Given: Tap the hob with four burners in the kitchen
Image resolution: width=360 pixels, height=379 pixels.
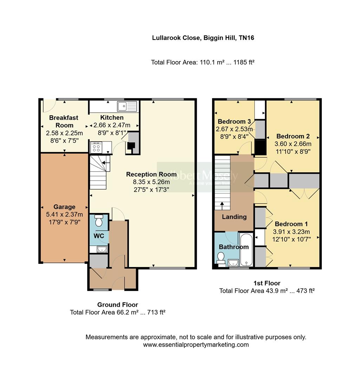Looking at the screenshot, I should (x=96, y=147).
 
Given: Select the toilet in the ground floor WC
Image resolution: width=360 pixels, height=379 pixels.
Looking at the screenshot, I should (x=99, y=221).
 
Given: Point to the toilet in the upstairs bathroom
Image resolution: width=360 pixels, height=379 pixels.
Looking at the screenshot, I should (x=221, y=259).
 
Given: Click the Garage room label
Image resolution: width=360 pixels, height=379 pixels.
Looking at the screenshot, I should (x=64, y=207).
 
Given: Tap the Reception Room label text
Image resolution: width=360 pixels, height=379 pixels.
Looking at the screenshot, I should (x=151, y=174).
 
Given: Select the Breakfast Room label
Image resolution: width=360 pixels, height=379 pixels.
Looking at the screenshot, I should (x=64, y=121).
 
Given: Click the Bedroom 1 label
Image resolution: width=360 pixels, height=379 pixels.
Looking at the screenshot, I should (x=289, y=224).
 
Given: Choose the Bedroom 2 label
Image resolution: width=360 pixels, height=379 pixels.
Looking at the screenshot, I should (x=293, y=136).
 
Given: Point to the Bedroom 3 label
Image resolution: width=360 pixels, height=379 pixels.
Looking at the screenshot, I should (x=234, y=121).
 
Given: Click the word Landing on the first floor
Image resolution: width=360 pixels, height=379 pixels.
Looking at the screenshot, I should (x=234, y=217).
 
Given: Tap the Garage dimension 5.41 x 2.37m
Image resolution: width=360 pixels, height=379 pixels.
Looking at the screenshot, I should (x=64, y=214).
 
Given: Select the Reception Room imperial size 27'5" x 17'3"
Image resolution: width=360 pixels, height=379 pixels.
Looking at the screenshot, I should (x=151, y=189).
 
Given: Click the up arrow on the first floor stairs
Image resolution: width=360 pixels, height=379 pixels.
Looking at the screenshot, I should (x=222, y=205).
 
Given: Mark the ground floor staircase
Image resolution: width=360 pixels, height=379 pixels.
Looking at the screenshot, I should (x=98, y=172).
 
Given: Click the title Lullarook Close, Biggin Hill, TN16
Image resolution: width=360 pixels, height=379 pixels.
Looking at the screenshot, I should (x=203, y=38).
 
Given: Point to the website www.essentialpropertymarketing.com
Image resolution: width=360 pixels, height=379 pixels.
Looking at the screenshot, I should (x=196, y=345).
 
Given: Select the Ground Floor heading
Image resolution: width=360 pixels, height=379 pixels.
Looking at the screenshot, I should (x=118, y=305).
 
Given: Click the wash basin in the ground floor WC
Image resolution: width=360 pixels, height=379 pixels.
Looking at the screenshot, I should (x=101, y=250).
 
